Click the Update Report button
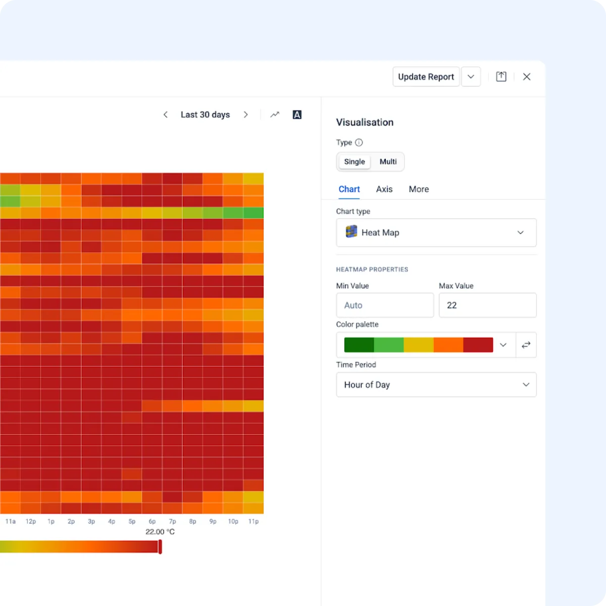426,77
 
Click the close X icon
527,77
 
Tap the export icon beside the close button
501,77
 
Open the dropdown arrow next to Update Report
471,77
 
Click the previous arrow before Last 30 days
166,115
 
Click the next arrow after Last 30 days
246,115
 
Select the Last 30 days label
205,115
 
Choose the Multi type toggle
388,162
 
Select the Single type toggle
354,162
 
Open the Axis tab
384,189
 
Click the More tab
419,189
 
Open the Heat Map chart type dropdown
436,232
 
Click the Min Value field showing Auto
384,305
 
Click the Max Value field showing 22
487,305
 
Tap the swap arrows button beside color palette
526,345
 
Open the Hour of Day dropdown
436,385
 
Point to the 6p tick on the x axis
152,521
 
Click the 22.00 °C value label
160,532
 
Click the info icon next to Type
359,142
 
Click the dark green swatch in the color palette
359,345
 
